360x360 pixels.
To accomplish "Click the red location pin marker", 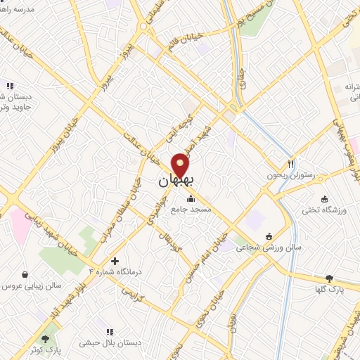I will coord(181,165).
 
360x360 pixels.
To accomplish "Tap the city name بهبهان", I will coord(174,181).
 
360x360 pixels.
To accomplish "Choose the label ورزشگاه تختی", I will coord(324,210).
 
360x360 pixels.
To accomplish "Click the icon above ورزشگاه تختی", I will coord(324,198).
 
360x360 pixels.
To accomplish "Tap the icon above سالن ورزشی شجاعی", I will coord(269,236).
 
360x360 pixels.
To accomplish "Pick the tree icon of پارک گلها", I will coord(329,279).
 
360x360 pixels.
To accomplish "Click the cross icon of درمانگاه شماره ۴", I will coord(115,261).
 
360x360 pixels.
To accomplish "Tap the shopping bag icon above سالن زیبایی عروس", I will coord(25,275).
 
